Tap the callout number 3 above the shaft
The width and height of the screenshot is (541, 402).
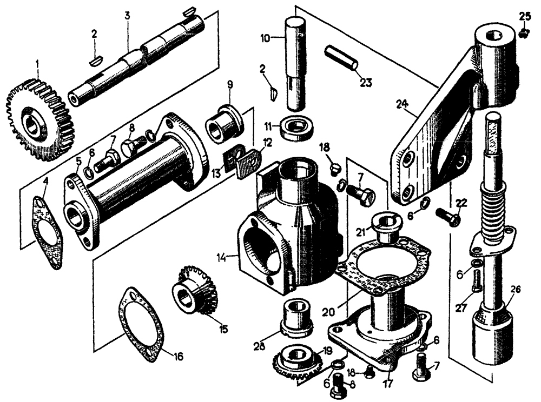(127, 16)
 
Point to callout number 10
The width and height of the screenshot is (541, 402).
(265, 39)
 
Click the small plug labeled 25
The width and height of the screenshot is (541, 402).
(523, 33)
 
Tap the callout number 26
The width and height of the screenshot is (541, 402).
(515, 290)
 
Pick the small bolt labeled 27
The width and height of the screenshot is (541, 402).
(476, 280)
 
